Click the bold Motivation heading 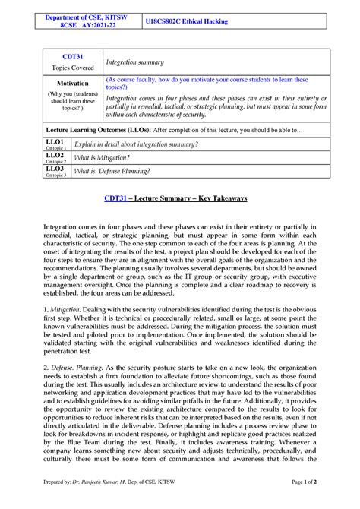point(73,83)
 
